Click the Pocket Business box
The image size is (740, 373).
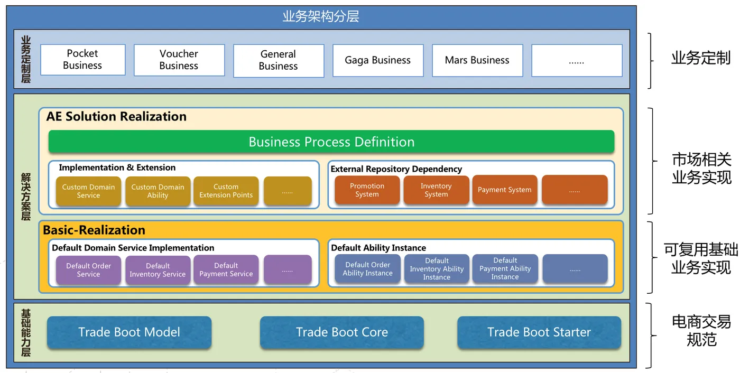(83, 60)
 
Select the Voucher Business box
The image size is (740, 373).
(179, 60)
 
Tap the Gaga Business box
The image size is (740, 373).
(378, 60)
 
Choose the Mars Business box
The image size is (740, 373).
(477, 60)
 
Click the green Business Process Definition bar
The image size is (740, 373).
(331, 142)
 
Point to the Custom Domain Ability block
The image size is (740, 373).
(158, 191)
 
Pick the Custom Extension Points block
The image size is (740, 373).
(226, 191)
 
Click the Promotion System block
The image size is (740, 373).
(367, 190)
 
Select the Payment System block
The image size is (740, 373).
(504, 190)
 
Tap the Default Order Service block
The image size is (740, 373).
(89, 270)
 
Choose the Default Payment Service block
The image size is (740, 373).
(226, 269)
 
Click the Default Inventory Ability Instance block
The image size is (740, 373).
(437, 269)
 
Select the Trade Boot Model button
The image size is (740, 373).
(129, 332)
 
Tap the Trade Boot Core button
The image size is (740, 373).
(342, 332)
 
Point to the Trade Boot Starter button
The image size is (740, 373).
(539, 332)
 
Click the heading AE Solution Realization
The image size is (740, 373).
(116, 117)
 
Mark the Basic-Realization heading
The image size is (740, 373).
(94, 230)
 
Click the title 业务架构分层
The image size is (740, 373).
(321, 16)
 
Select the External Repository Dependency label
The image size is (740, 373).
(396, 169)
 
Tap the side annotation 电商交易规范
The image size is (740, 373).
(701, 330)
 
